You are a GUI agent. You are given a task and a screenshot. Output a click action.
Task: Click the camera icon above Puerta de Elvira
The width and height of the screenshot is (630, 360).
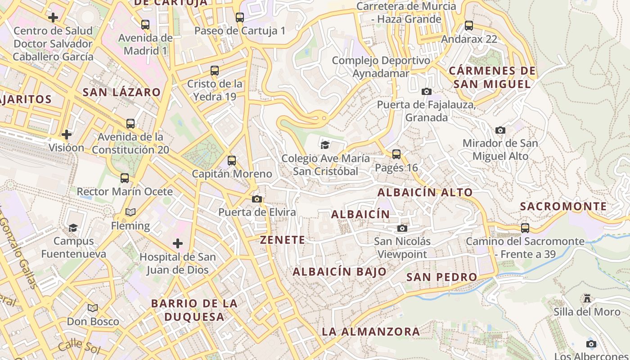click(x=257, y=199)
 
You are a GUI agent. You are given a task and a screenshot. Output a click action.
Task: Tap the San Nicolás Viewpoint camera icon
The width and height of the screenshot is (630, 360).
click(x=402, y=229)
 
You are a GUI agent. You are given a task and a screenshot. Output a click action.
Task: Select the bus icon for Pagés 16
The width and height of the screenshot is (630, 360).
click(x=396, y=154)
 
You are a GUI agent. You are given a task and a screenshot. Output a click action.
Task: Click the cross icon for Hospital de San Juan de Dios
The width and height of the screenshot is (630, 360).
click(x=178, y=244)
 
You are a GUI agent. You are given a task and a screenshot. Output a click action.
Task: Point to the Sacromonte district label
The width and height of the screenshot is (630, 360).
click(x=563, y=207)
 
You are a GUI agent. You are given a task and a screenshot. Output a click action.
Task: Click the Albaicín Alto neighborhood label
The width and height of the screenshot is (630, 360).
click(x=425, y=193)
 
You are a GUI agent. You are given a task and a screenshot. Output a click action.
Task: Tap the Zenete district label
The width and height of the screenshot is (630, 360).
click(x=283, y=240)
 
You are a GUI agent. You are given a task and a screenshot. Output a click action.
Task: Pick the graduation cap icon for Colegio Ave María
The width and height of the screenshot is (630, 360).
click(x=325, y=145)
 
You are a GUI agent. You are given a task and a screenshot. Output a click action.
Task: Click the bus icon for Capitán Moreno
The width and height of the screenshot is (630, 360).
click(x=232, y=161)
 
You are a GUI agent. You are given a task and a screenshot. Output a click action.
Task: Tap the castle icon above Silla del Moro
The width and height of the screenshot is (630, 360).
click(x=587, y=298)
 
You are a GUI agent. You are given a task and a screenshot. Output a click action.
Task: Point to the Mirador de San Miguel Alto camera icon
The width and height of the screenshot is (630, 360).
click(x=500, y=130)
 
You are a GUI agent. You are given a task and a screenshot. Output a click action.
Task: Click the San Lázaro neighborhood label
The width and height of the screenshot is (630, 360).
click(x=121, y=92)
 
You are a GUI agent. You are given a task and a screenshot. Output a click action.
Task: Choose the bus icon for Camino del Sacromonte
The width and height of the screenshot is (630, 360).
click(x=525, y=228)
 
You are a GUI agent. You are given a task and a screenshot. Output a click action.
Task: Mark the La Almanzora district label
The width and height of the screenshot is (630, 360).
click(x=371, y=332)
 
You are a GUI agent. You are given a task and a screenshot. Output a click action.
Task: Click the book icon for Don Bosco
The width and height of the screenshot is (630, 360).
click(x=93, y=308)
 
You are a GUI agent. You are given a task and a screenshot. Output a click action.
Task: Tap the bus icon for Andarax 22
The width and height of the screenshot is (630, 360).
click(x=469, y=26)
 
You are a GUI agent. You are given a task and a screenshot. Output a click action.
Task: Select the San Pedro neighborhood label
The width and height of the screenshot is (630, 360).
click(x=441, y=277)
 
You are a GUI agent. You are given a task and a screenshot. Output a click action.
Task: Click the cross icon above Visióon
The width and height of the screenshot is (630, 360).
click(x=67, y=135)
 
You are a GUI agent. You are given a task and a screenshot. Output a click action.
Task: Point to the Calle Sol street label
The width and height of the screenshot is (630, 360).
click(x=77, y=345)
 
